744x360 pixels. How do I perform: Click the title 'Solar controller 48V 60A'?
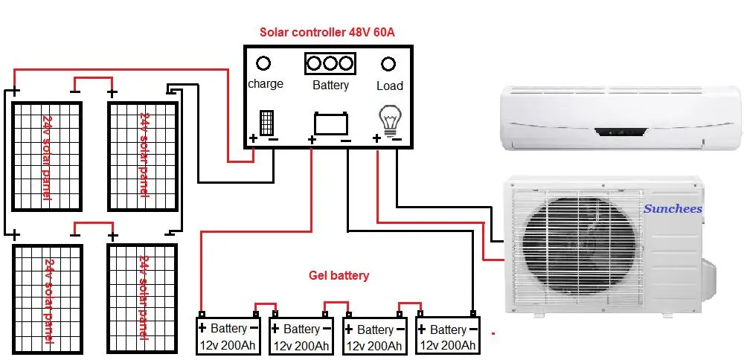327,32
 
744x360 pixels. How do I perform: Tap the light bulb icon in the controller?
389,118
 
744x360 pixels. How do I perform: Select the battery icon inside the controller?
331,123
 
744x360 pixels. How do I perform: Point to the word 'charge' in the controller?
266,84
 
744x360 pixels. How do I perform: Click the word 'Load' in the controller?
389,86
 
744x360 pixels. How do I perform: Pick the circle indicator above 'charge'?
263,64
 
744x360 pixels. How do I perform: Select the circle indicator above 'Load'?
388,64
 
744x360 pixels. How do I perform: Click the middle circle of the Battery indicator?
330,63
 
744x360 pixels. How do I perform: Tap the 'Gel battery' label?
339,276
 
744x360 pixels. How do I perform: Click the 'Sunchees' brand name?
673,208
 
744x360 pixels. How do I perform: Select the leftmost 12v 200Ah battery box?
228,337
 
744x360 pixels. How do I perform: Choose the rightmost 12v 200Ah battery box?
449,337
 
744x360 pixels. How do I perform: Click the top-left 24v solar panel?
47,157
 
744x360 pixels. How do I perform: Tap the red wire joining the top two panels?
93,77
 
